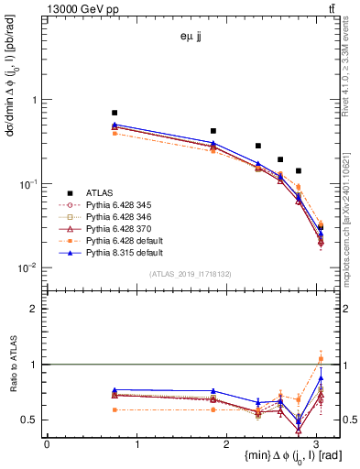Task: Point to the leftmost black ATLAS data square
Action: pos(115,113)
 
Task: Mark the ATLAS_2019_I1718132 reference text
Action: pos(191,274)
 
